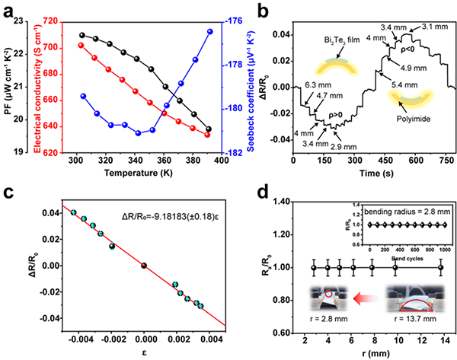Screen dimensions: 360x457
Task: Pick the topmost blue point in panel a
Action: (x=209, y=31)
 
